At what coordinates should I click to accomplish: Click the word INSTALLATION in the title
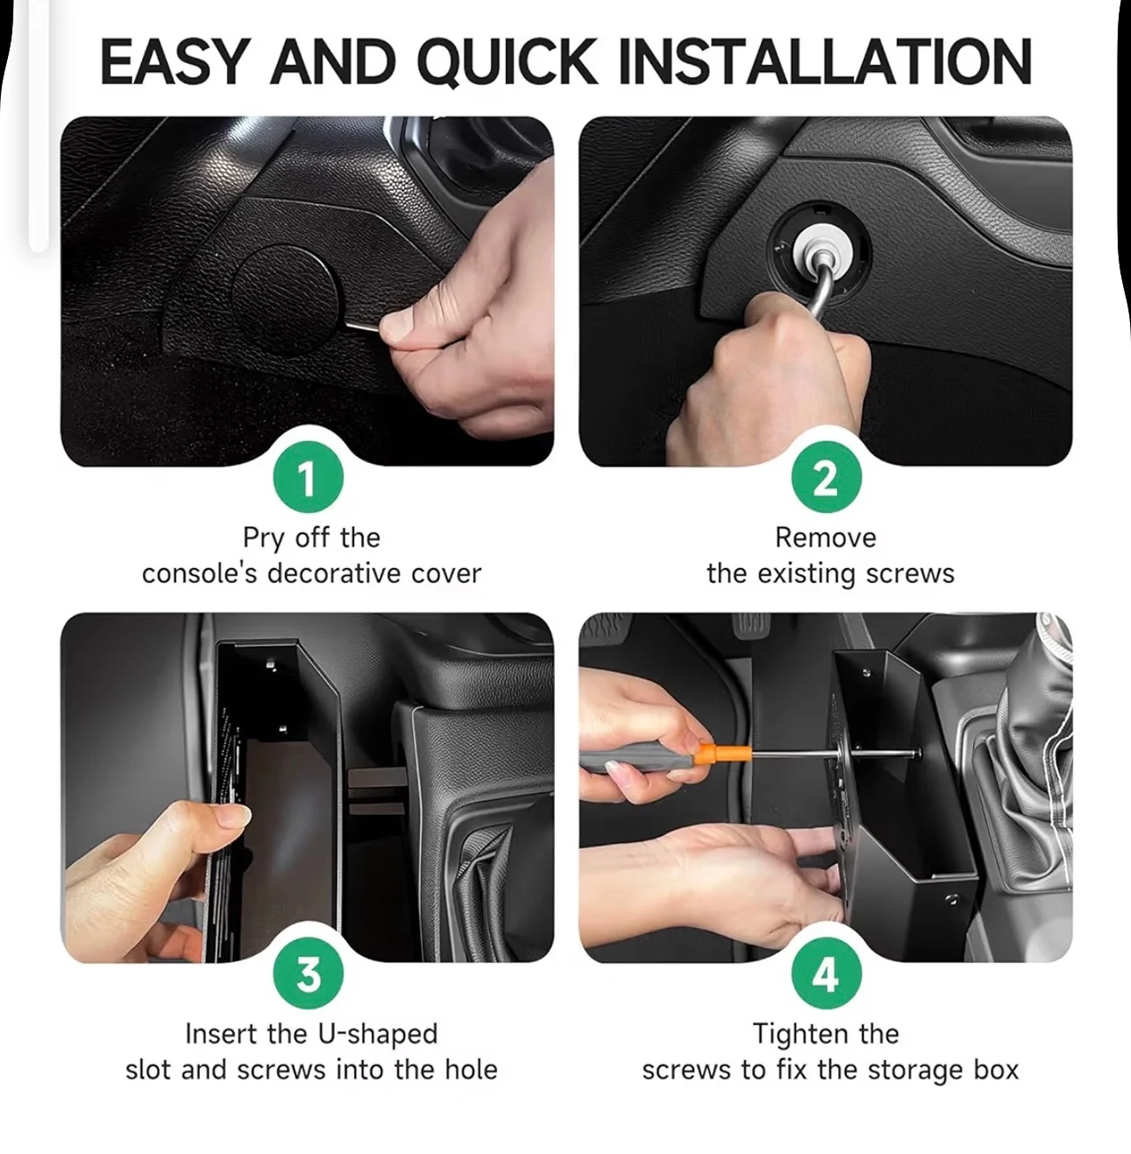tap(825, 61)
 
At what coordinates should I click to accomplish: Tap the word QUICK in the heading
tap(507, 62)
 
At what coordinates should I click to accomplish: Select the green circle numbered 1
tap(308, 477)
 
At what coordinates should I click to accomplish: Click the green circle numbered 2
tap(826, 477)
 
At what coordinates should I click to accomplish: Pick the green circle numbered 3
tap(308, 973)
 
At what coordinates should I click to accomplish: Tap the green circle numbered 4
tap(826, 973)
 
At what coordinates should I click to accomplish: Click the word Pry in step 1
tap(263, 538)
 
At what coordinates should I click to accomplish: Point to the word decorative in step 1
tap(334, 573)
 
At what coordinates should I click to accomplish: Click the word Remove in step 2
tap(826, 537)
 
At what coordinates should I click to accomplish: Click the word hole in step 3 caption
tap(471, 1071)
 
